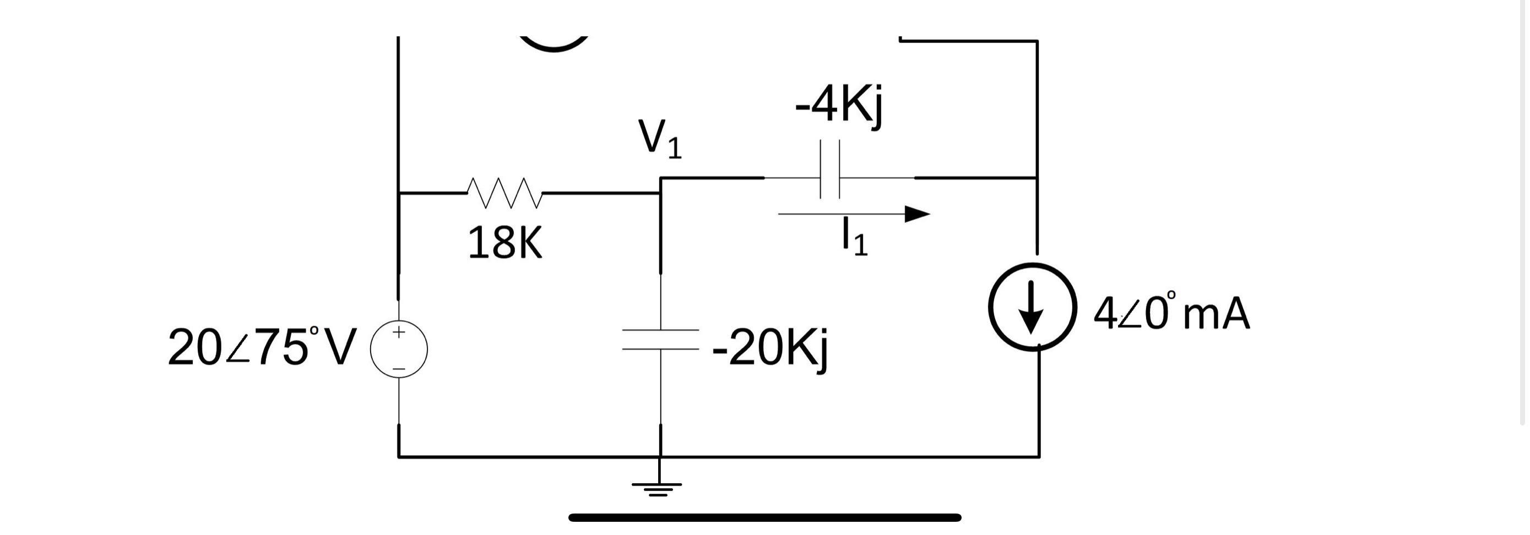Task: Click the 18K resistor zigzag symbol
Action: (x=505, y=193)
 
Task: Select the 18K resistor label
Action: (x=505, y=243)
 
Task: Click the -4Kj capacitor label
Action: (x=839, y=107)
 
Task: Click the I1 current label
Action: (x=854, y=237)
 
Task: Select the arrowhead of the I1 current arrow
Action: (x=917, y=214)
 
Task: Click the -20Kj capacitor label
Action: (x=770, y=349)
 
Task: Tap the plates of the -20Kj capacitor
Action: (x=660, y=339)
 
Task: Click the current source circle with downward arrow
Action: (x=1032, y=307)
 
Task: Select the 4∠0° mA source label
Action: (x=1171, y=313)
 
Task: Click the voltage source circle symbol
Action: (x=399, y=350)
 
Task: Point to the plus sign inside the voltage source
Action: (x=399, y=332)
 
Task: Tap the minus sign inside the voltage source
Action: (x=399, y=369)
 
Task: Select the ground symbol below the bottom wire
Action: (x=658, y=489)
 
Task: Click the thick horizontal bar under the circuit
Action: (x=764, y=518)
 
